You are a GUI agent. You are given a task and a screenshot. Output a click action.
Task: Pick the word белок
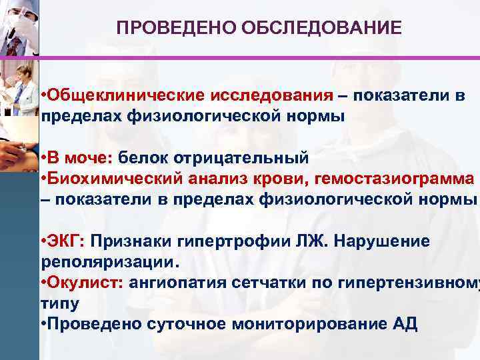point(145,159)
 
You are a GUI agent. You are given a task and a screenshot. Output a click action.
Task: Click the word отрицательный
point(241,159)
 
